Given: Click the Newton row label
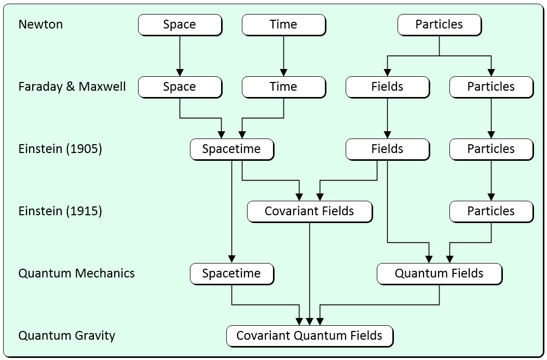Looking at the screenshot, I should (x=40, y=24).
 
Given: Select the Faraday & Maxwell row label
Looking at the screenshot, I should (x=72, y=87).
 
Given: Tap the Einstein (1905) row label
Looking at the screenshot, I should (x=60, y=149).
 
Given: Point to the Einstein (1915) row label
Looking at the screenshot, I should (x=60, y=211).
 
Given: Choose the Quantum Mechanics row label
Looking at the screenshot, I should (x=76, y=273).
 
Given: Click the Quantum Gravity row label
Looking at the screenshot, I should (x=66, y=336).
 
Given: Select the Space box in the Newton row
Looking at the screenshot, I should (x=180, y=24).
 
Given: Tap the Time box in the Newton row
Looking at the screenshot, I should (x=283, y=24).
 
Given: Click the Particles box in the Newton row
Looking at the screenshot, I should (x=439, y=24).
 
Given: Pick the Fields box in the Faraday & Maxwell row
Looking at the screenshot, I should (x=387, y=87).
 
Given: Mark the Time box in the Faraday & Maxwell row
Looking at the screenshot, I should (x=283, y=87).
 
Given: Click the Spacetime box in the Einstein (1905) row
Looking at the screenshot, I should (x=231, y=149).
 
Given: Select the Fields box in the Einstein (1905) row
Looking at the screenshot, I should (x=387, y=149).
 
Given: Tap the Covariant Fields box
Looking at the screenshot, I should (x=309, y=211).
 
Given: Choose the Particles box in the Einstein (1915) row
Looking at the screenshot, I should (x=491, y=211).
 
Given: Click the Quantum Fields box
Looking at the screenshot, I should (x=439, y=273).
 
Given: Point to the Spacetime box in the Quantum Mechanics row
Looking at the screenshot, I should (x=231, y=273).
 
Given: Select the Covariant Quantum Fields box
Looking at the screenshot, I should (x=309, y=336).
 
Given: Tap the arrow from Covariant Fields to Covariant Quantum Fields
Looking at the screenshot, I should (x=310, y=270).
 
